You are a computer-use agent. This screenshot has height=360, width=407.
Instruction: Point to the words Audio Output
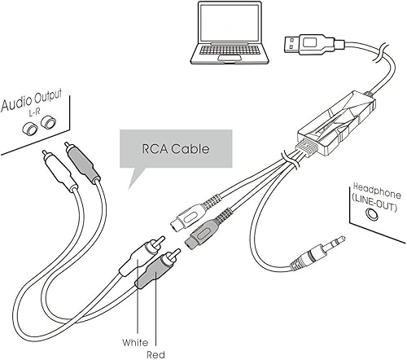[35, 103]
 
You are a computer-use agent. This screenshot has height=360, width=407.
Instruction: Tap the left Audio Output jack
[30, 129]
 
